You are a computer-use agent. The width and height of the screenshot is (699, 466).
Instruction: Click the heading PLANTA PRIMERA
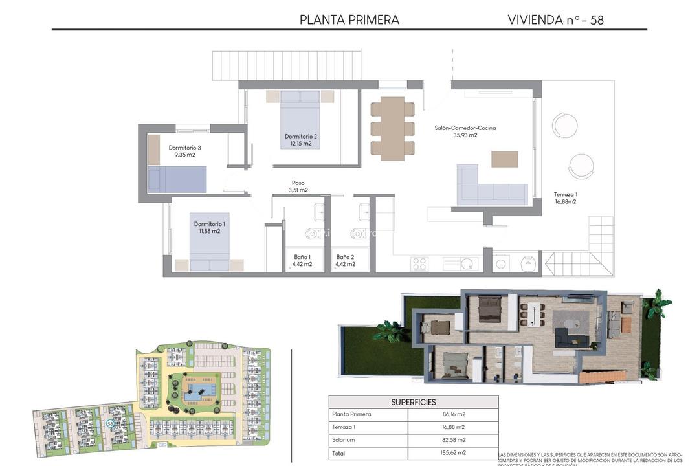pyautogui.click(x=349, y=19)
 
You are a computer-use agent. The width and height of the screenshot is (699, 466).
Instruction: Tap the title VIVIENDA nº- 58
pyautogui.click(x=555, y=19)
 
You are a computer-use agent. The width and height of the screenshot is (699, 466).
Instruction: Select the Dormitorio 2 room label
pyautogui.click(x=300, y=140)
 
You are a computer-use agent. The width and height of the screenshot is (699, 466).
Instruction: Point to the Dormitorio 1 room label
pyautogui.click(x=210, y=227)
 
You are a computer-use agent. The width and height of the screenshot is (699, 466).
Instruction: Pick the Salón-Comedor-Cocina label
pyautogui.click(x=465, y=131)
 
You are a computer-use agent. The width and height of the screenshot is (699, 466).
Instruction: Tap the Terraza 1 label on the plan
pyautogui.click(x=565, y=197)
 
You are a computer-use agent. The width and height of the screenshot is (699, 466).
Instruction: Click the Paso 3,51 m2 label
pyautogui.click(x=298, y=186)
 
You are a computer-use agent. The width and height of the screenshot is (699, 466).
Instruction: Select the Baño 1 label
pyautogui.click(x=301, y=260)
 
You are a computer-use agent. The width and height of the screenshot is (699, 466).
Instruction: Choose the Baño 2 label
pyautogui.click(x=345, y=260)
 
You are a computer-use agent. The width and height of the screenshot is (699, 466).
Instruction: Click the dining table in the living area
pyautogui.click(x=392, y=128)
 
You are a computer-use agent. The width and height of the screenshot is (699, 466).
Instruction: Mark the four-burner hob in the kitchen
pyautogui.click(x=419, y=263)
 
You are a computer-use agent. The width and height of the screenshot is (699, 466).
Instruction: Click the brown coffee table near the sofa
pyautogui.click(x=504, y=159)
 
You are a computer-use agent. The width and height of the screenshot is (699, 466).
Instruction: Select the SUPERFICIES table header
pyautogui.click(x=413, y=402)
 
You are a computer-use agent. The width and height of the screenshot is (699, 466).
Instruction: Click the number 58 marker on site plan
pyautogui.click(x=111, y=423)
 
